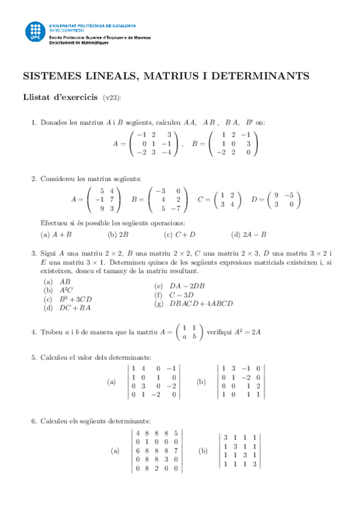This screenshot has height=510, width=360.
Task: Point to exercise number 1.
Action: click(33, 123)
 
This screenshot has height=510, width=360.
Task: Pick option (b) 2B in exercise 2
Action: click(118, 235)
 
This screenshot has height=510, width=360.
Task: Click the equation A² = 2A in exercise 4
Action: click(248, 332)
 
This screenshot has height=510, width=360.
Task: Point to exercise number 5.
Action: click(33, 358)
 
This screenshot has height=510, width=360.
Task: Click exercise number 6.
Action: click(33, 420)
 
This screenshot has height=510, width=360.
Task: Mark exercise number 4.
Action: click(33, 332)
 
